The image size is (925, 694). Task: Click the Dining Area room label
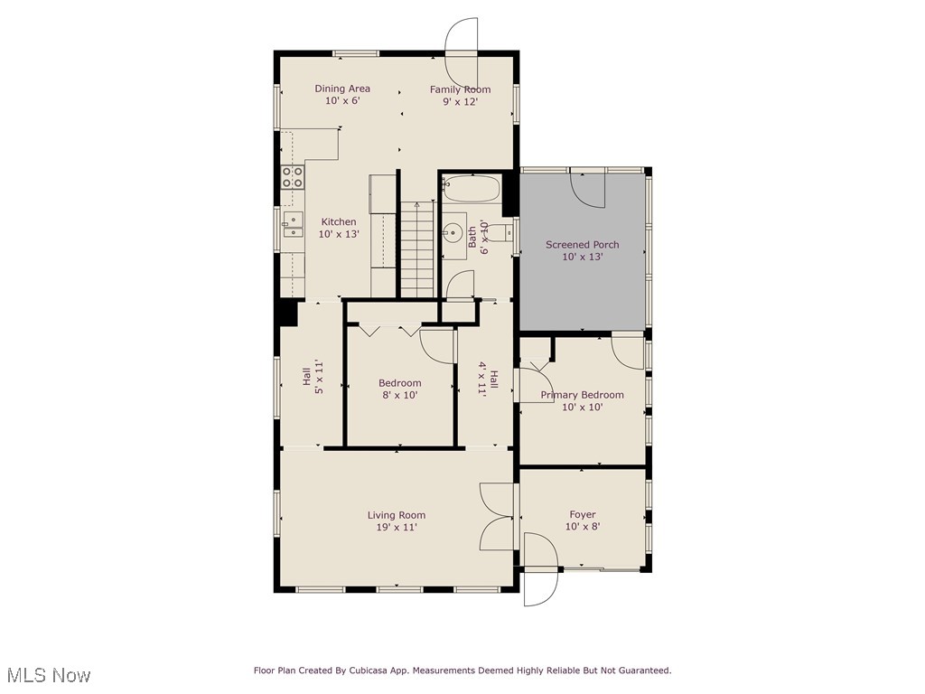tap(342, 89)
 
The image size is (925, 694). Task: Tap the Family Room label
tap(460, 89)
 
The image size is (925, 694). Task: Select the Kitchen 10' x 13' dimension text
tap(339, 234)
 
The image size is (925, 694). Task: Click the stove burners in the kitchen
tap(292, 176)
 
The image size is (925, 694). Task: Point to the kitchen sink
tap(293, 224)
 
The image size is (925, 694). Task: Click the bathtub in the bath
tap(471, 189)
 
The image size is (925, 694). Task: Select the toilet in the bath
tap(500, 232)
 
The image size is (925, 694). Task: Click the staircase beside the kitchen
tap(416, 249)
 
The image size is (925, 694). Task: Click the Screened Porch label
tap(582, 245)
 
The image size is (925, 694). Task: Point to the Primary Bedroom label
tap(582, 395)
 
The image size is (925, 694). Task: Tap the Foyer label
tap(583, 515)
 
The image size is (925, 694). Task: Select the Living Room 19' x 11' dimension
tap(397, 528)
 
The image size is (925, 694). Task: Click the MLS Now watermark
tap(49, 675)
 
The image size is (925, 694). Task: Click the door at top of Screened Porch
tap(588, 187)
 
